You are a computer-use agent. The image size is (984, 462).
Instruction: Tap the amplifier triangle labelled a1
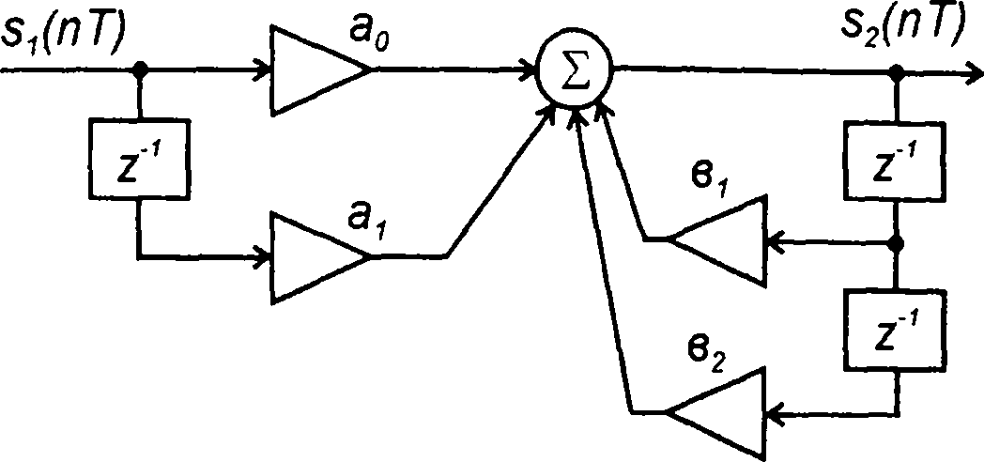(x=315, y=255)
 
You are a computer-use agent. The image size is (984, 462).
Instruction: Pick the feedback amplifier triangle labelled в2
(x=719, y=411)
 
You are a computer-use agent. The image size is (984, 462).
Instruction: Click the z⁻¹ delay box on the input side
(x=140, y=156)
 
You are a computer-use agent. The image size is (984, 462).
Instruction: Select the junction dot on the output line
(x=898, y=69)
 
